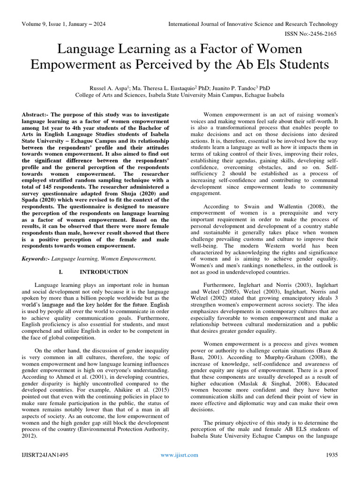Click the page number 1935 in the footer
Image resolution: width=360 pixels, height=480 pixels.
(331, 455)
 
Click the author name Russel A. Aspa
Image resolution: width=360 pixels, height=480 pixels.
(112, 88)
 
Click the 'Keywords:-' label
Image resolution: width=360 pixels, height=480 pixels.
(36, 258)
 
